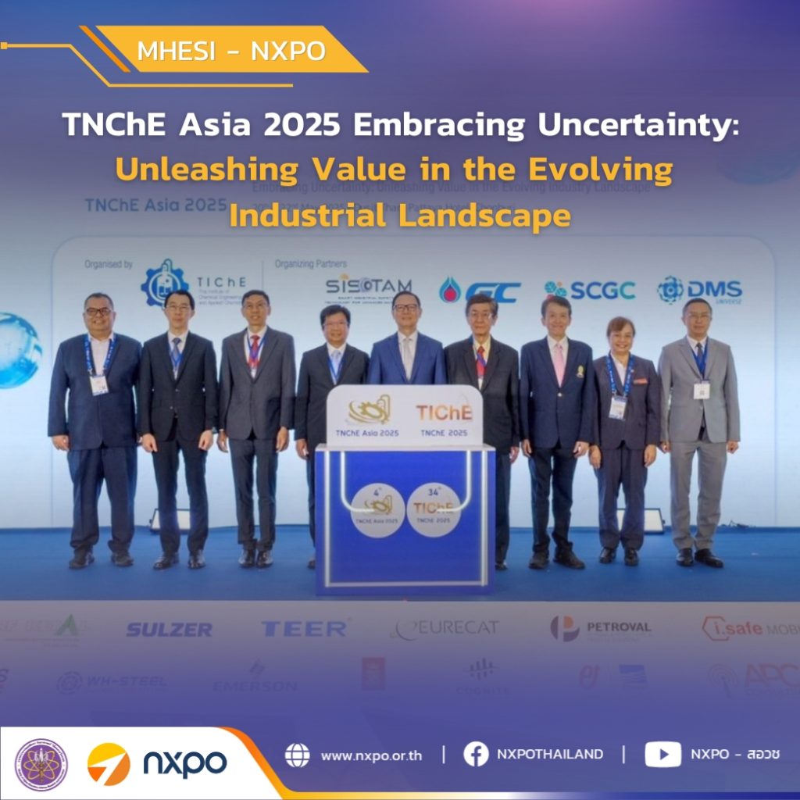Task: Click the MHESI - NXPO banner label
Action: pos(230,52)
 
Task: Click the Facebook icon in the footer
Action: pos(476,755)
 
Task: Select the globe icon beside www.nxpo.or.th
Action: pos(297,755)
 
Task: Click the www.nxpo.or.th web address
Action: pos(371,755)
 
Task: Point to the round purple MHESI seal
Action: pos(41,764)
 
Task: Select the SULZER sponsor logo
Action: pos(169,629)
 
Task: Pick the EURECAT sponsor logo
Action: pos(445,628)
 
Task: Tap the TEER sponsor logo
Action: pos(304,628)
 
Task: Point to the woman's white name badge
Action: pos(618,406)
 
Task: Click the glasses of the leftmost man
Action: pos(98,312)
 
